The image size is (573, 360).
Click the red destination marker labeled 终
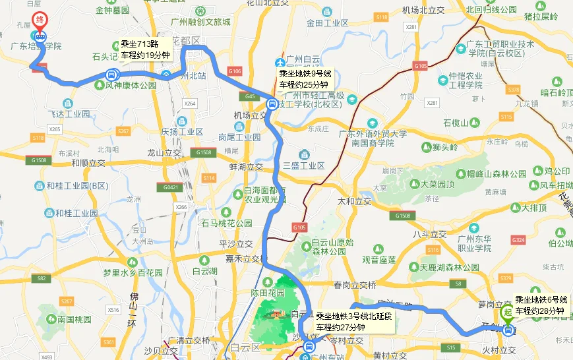tap(40, 20)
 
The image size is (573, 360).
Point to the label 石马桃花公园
tap(227, 223)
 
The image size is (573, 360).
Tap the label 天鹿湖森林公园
tap(454, 268)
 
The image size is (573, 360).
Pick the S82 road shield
tap(42, 279)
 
